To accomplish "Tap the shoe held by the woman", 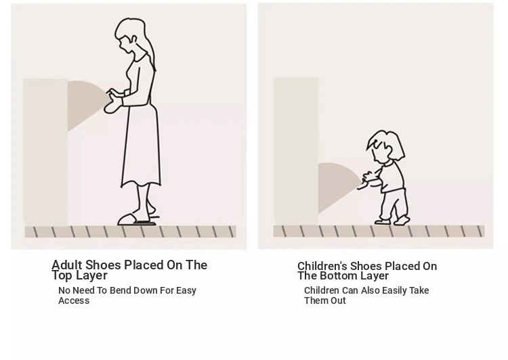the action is point(112,102).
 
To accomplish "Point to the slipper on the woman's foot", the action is point(129,219).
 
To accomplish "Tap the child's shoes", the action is point(393,221).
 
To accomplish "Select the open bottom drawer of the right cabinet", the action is point(338,186).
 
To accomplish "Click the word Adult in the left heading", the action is point(67,265).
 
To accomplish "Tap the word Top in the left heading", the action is point(61,275).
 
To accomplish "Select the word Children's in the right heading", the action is point(322,266).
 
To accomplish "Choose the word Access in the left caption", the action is point(74,300).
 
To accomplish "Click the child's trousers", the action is point(394,204).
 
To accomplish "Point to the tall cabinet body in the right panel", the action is point(295,151).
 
